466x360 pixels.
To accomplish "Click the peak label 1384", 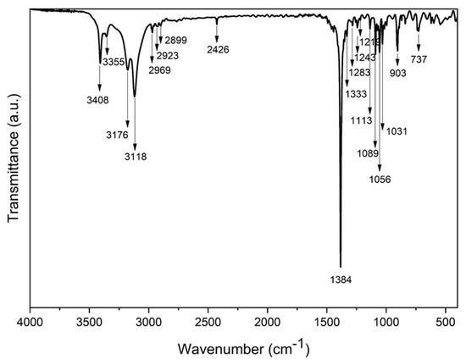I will click(x=341, y=279).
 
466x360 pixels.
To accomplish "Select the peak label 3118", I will click(x=136, y=157).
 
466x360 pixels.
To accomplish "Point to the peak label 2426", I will click(x=218, y=50).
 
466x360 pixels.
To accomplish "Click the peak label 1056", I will click(x=379, y=180).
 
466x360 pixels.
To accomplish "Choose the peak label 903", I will click(x=398, y=74).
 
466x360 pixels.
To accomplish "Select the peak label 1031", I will click(x=397, y=131).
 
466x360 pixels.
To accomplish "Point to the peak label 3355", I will click(x=114, y=62).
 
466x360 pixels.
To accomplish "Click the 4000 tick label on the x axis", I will click(x=31, y=322).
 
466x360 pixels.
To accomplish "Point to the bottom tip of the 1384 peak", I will click(x=341, y=267).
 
